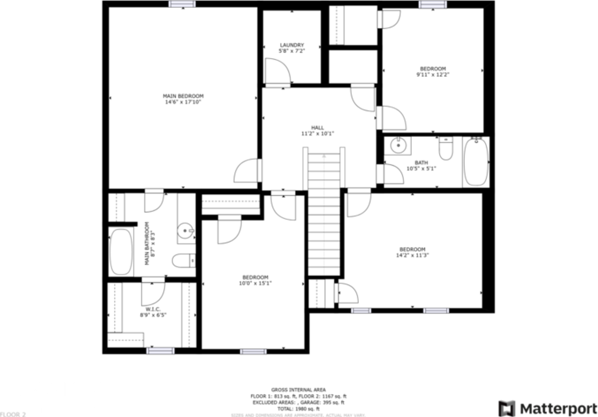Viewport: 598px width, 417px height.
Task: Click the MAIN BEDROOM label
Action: pos(184,95)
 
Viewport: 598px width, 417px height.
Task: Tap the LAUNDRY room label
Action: pos(291,45)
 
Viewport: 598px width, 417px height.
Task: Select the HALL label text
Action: pos(317,126)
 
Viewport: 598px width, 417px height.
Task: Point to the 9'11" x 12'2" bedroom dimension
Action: pos(433,75)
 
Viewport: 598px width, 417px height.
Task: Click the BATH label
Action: pos(421,162)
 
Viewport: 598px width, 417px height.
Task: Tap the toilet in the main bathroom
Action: pos(182,260)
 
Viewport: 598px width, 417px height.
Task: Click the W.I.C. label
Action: pos(152,308)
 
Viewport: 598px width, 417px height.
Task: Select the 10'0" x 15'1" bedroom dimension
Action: pos(255,283)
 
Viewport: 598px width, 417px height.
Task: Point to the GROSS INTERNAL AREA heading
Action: pos(298,389)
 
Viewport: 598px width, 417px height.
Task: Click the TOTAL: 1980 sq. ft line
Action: pos(298,408)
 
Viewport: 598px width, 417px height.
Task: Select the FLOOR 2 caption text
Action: pos(13,413)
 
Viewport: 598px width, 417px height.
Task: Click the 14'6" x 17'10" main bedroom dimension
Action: pos(184,102)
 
